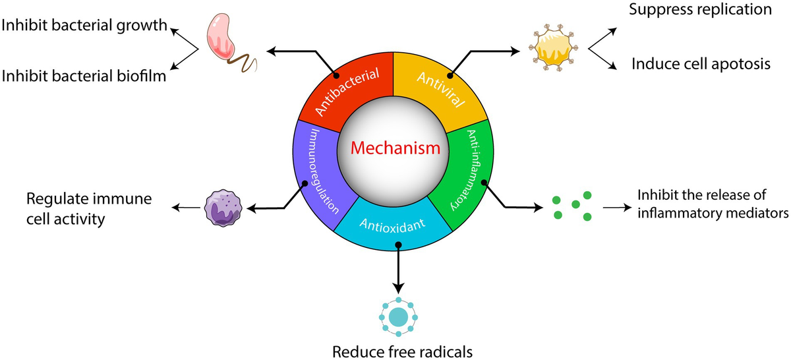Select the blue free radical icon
tap(397, 316)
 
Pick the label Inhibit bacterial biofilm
tap(83, 76)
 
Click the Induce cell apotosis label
tap(701, 64)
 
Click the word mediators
tap(754, 213)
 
